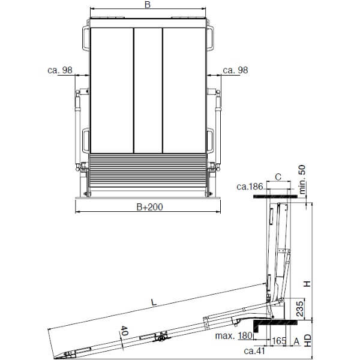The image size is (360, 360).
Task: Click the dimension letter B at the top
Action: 148,5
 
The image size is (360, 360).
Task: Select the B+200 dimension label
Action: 149,207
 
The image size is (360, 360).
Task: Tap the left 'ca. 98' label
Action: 59,70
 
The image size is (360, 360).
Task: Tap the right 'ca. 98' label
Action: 235,70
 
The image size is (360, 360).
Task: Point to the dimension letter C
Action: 278,177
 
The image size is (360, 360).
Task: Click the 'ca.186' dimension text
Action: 250,187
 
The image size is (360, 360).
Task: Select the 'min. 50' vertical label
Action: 302,179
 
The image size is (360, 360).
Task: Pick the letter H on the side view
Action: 307,284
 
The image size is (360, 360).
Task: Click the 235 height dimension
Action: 300,309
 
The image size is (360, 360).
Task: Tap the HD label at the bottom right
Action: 308,340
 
